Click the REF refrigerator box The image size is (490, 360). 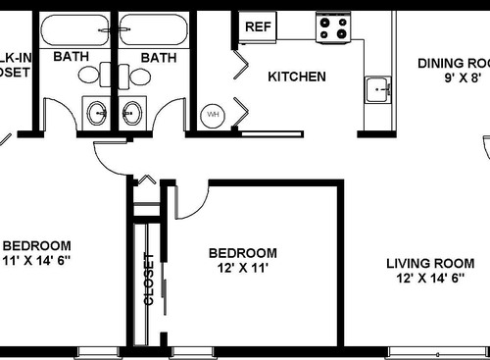click(x=257, y=26)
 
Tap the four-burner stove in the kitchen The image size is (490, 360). click(x=331, y=27)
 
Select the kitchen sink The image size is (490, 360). click(x=377, y=90)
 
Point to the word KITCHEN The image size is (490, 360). click(x=297, y=76)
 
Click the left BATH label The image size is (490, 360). click(x=71, y=57)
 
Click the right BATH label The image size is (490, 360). click(x=158, y=57)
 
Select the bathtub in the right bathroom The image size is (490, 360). click(x=152, y=30)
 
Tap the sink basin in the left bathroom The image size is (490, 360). click(x=97, y=113)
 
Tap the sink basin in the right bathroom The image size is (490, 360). click(x=132, y=113)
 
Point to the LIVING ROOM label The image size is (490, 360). click(x=429, y=263)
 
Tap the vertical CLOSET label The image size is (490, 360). click(x=150, y=280)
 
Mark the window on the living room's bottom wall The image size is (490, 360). click(x=437, y=350)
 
